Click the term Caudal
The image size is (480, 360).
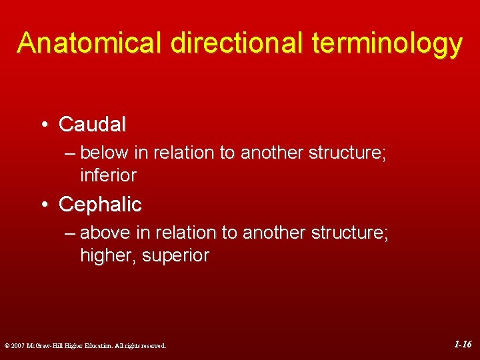coord(92,124)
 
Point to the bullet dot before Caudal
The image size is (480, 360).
coord(43,125)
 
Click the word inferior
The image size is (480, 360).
coord(108,176)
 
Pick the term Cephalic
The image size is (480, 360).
coord(100,204)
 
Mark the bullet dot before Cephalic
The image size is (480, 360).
coord(43,205)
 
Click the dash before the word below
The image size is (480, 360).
coord(71,153)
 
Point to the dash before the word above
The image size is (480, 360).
coord(71,233)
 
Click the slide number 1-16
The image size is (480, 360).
coord(463,345)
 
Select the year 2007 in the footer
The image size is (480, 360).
coord(18,346)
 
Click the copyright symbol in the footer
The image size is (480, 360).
coord(6,346)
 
